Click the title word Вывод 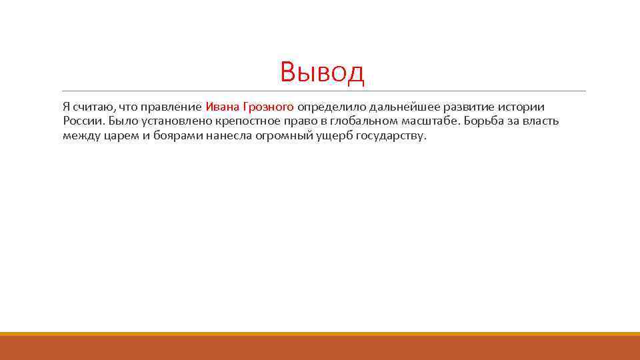click(x=323, y=72)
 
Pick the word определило click(x=329, y=107)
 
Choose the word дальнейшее click(x=397, y=107)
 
